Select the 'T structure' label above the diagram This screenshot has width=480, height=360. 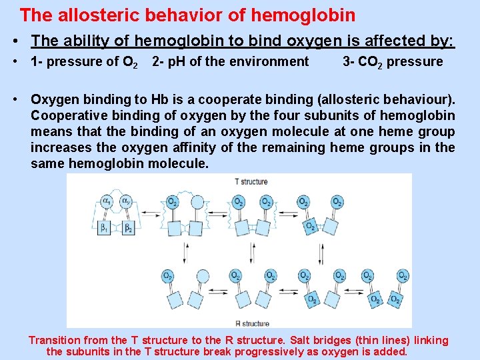pos(251,181)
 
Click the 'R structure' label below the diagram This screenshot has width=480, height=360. pos(251,323)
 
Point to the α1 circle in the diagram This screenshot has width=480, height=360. pos(107,201)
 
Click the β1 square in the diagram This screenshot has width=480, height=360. pos(105,228)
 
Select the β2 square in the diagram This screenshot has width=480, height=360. pos(128,228)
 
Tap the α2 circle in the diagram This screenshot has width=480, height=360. pos(126,201)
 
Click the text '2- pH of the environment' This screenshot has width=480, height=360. pos(230,62)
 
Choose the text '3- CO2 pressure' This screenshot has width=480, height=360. pos(392,62)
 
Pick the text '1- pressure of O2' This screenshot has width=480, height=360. pos(84,62)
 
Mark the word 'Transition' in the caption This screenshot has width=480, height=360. pos(55,341)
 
